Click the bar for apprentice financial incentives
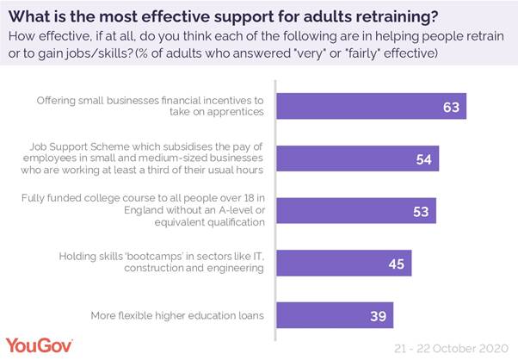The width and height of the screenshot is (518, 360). click(370, 107)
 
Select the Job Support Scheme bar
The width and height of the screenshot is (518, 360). click(357, 158)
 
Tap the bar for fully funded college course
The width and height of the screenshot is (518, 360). click(355, 211)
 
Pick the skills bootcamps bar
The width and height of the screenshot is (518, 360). click(343, 264)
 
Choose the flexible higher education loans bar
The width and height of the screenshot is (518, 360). click(334, 316)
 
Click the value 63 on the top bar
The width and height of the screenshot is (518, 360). click(452, 108)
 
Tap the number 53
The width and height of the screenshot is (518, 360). click(422, 211)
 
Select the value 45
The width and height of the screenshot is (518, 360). click(397, 264)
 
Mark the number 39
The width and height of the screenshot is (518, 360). click(379, 316)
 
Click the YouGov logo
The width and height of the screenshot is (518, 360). click(40, 345)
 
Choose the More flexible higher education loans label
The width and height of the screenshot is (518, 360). click(176, 316)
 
